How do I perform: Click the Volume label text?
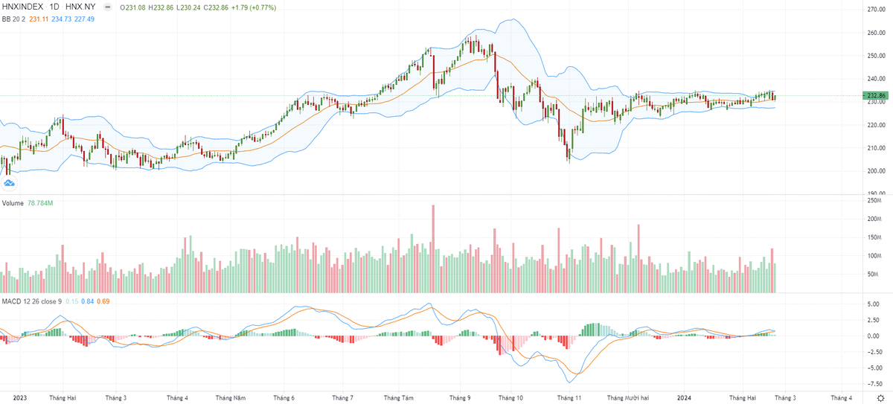[x=13, y=202]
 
